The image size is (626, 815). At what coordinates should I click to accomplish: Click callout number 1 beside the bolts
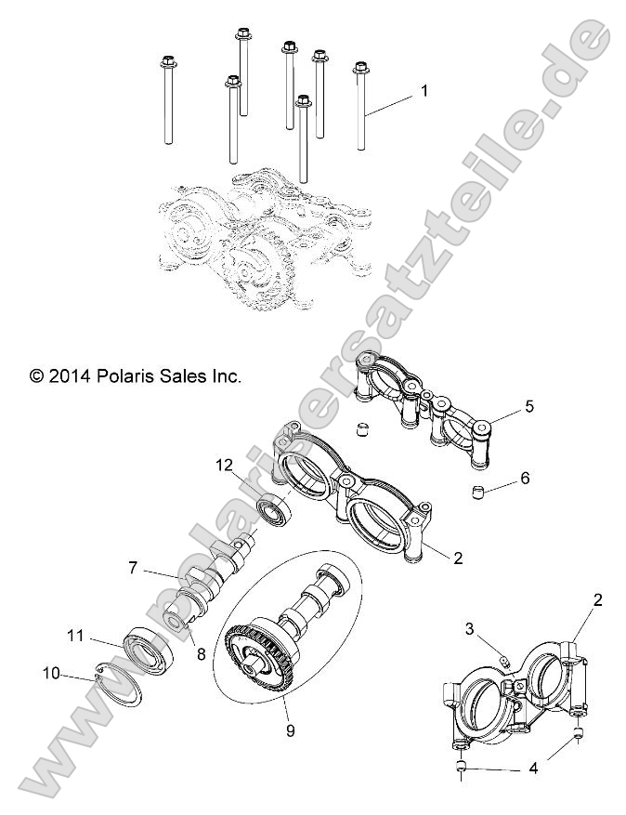[x=424, y=91]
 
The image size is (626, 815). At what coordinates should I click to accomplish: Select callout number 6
[x=525, y=479]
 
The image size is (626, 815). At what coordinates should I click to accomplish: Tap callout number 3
[x=470, y=629]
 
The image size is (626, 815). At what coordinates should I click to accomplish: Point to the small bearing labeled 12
[x=273, y=510]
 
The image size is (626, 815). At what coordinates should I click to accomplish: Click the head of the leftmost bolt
[x=167, y=64]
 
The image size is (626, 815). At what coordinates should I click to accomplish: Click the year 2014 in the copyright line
[x=70, y=376]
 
